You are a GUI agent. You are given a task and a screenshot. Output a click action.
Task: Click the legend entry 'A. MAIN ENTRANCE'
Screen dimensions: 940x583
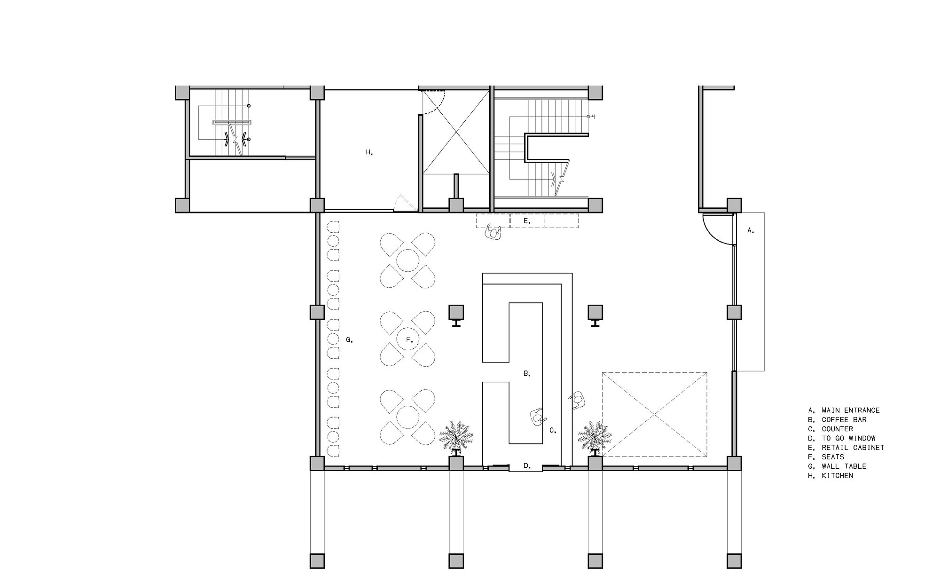coord(844,410)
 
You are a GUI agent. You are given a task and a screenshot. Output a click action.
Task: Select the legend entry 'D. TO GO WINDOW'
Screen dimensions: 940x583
coord(842,438)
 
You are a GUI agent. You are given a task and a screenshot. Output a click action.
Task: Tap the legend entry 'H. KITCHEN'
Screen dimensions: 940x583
coord(830,475)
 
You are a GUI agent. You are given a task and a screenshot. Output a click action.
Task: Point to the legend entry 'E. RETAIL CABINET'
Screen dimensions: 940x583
coord(846,448)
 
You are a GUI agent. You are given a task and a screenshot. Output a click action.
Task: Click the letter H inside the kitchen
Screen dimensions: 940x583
coord(369,152)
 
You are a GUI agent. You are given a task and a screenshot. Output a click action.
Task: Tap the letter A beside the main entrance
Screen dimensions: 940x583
coord(751,230)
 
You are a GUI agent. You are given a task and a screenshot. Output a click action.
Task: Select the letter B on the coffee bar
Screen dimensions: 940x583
coord(527,374)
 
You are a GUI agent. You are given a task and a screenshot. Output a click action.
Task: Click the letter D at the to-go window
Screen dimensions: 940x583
coord(527,466)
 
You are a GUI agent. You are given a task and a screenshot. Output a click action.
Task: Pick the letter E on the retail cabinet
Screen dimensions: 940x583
coord(527,221)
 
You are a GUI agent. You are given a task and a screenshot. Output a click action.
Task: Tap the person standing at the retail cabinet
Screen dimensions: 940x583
coord(493,232)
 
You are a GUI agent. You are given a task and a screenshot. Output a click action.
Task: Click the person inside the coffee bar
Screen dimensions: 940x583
coord(539,417)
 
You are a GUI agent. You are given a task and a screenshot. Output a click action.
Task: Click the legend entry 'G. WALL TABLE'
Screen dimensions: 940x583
coord(837,466)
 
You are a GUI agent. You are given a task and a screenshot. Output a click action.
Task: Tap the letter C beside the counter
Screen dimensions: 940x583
coord(553,430)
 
